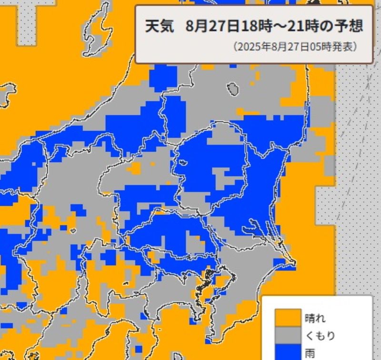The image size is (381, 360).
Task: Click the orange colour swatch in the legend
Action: [285, 317]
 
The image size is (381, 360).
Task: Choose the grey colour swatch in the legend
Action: [285, 335]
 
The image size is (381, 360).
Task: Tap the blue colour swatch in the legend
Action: [285, 353]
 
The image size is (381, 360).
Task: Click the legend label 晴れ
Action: [315, 317]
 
